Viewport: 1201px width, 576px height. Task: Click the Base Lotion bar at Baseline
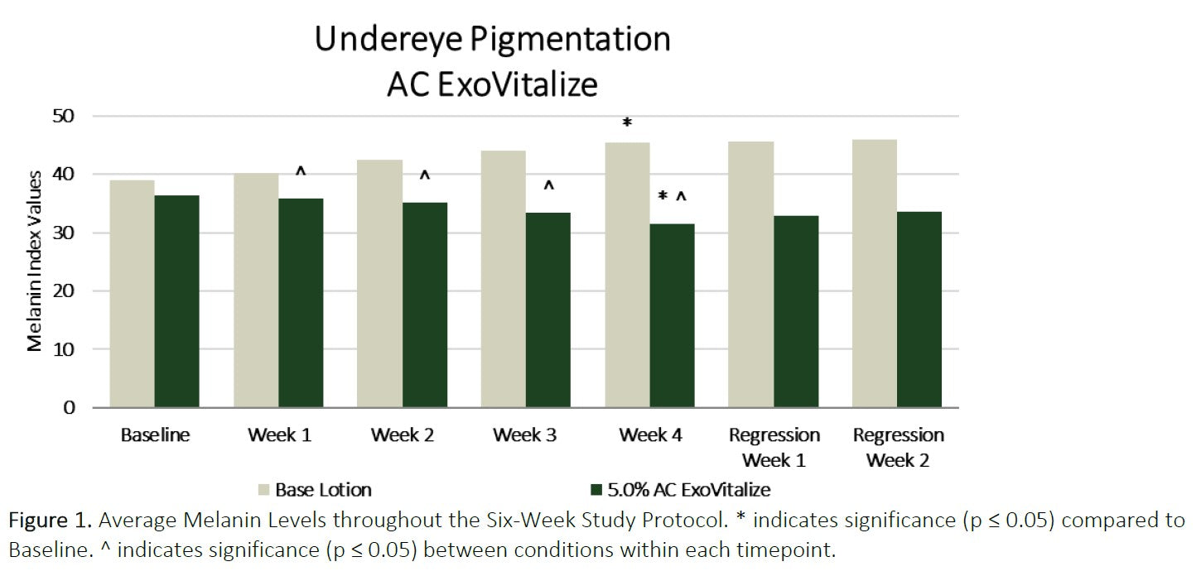tap(132, 294)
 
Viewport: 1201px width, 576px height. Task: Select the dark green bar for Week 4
tap(673, 315)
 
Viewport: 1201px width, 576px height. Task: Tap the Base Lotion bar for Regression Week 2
tap(875, 273)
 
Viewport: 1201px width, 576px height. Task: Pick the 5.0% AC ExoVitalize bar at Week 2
tap(425, 305)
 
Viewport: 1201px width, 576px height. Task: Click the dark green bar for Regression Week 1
tap(796, 311)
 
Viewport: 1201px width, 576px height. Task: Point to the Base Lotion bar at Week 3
tap(504, 279)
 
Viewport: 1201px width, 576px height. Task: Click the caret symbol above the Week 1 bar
tap(301, 171)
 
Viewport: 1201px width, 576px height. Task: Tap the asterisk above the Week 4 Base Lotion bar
tap(627, 123)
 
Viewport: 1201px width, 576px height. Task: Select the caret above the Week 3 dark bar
tap(548, 185)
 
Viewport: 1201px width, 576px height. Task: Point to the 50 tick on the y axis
tap(63, 116)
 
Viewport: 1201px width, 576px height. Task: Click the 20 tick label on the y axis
tap(63, 291)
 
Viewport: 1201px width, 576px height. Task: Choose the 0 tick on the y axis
tap(69, 408)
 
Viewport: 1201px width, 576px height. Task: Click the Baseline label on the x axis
tap(155, 434)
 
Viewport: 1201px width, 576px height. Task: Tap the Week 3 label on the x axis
tap(525, 434)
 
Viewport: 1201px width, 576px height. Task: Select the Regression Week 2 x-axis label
tap(898, 447)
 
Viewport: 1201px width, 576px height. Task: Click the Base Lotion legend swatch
tap(263, 490)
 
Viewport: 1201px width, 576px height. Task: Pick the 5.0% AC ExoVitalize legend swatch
tap(596, 490)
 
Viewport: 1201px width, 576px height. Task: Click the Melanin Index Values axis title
tap(35, 261)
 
